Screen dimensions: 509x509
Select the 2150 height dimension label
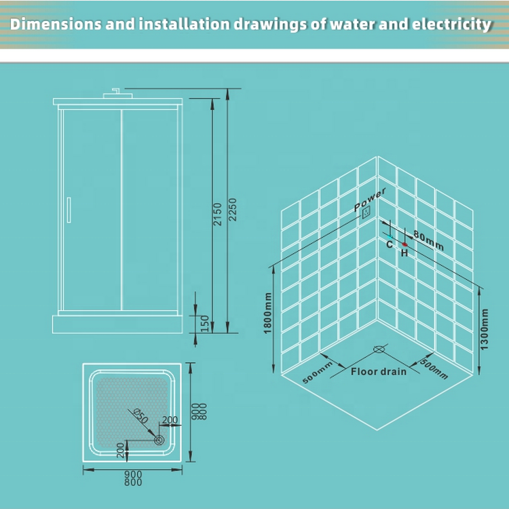(218, 214)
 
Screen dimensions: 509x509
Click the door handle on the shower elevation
(68, 209)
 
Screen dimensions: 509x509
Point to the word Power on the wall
(370, 200)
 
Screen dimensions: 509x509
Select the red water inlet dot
(404, 244)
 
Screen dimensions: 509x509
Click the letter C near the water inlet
(390, 244)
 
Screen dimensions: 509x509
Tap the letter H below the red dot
(404, 253)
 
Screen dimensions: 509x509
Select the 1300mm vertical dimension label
(484, 329)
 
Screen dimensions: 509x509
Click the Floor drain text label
(379, 371)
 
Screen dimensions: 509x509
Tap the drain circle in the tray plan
(159, 440)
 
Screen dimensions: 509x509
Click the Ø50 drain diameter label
(140, 415)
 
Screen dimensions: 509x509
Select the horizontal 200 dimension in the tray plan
(170, 421)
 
